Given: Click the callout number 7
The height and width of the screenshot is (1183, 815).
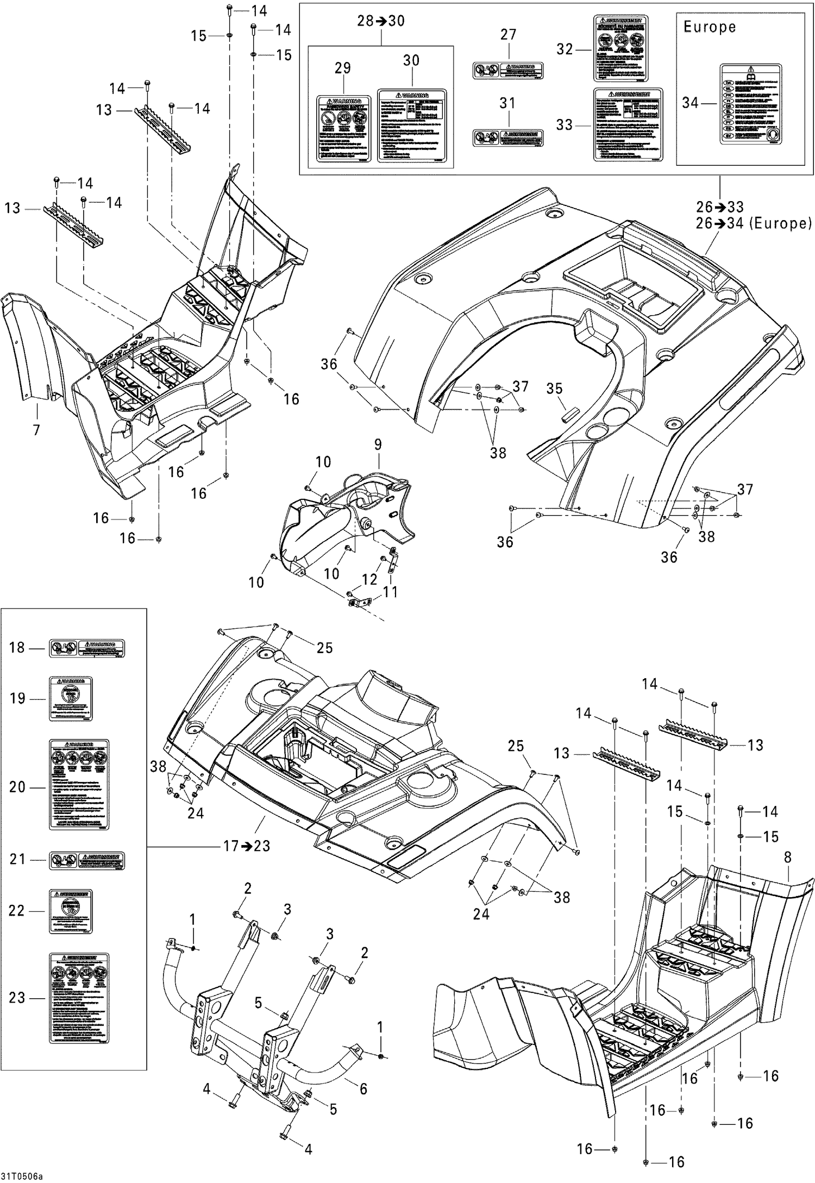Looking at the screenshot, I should (36, 430).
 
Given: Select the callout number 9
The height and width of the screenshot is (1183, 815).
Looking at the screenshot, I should (378, 445).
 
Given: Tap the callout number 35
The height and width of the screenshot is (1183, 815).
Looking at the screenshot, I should (554, 389).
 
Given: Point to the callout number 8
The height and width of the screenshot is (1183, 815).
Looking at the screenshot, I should (787, 858).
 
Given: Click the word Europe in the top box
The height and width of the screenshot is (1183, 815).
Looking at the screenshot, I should (709, 27).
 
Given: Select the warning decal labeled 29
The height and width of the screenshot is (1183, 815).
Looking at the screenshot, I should (342, 129).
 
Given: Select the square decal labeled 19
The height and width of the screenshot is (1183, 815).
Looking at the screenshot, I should (71, 698).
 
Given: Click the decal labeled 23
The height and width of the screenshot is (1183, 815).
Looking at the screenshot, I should (79, 998).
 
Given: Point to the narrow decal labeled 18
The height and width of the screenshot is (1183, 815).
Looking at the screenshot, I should (87, 648).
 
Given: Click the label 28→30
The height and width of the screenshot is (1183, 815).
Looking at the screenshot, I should (380, 21).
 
